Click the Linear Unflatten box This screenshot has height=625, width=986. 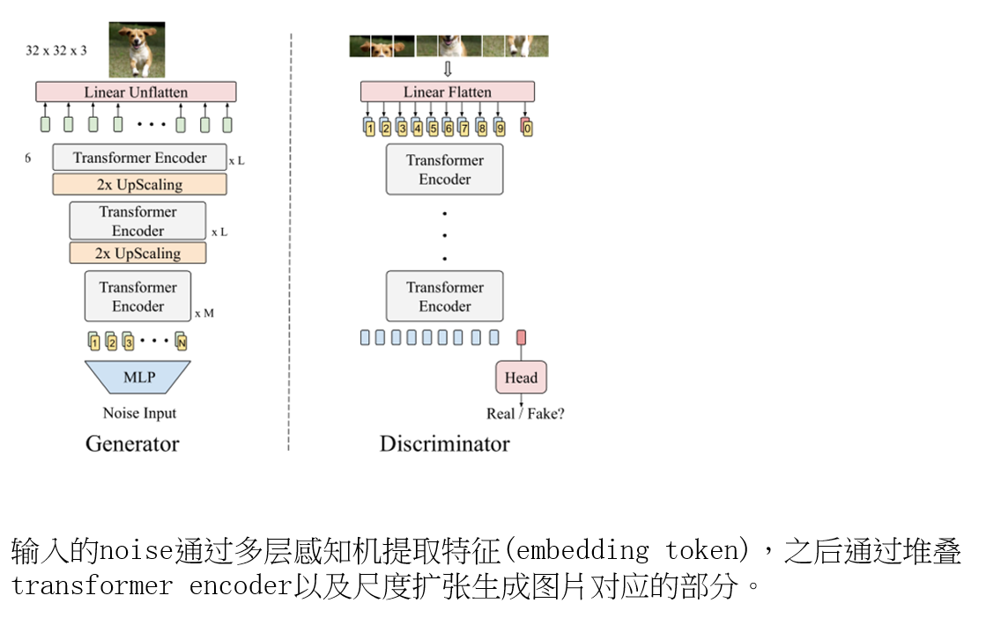[136, 92]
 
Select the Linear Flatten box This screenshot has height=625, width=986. [447, 92]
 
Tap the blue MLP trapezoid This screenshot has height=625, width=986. [138, 377]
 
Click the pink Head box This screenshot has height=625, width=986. [521, 378]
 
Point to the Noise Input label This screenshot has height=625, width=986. [139, 413]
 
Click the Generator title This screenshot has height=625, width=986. [132, 443]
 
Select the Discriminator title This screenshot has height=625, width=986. [444, 443]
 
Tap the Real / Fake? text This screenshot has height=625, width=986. [525, 413]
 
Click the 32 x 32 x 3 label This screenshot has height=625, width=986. [56, 50]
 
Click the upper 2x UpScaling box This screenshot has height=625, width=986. [139, 184]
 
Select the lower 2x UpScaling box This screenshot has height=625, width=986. [137, 253]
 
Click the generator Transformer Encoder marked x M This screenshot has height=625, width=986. [137, 297]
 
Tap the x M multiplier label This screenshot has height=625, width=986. [204, 313]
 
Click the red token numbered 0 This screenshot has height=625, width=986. [527, 128]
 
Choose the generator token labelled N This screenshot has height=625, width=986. [181, 342]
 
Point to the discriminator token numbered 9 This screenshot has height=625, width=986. [500, 128]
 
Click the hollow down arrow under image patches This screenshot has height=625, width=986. [447, 69]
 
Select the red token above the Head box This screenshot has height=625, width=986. [521, 337]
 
